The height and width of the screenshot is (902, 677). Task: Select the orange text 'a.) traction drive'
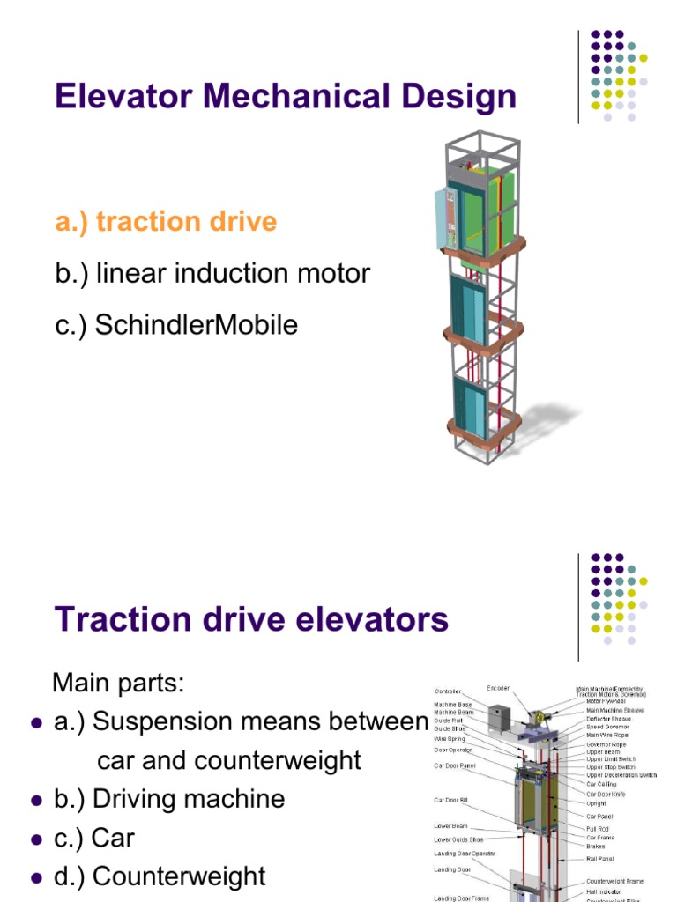166,221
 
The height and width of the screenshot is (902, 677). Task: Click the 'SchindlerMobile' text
196,325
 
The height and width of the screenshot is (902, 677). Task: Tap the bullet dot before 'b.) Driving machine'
36,801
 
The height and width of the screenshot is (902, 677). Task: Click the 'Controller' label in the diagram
447,691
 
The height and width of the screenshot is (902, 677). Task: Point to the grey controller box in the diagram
500,716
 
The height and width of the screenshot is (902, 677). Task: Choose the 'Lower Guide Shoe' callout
455,839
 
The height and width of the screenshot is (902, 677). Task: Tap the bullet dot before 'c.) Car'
36,839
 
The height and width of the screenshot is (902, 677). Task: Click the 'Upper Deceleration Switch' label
621,775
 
